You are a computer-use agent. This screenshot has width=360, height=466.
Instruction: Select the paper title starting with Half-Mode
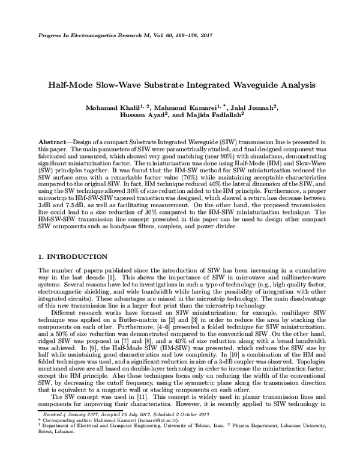(x=179, y=85)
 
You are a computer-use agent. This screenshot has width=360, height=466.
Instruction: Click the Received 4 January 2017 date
(x=64, y=413)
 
